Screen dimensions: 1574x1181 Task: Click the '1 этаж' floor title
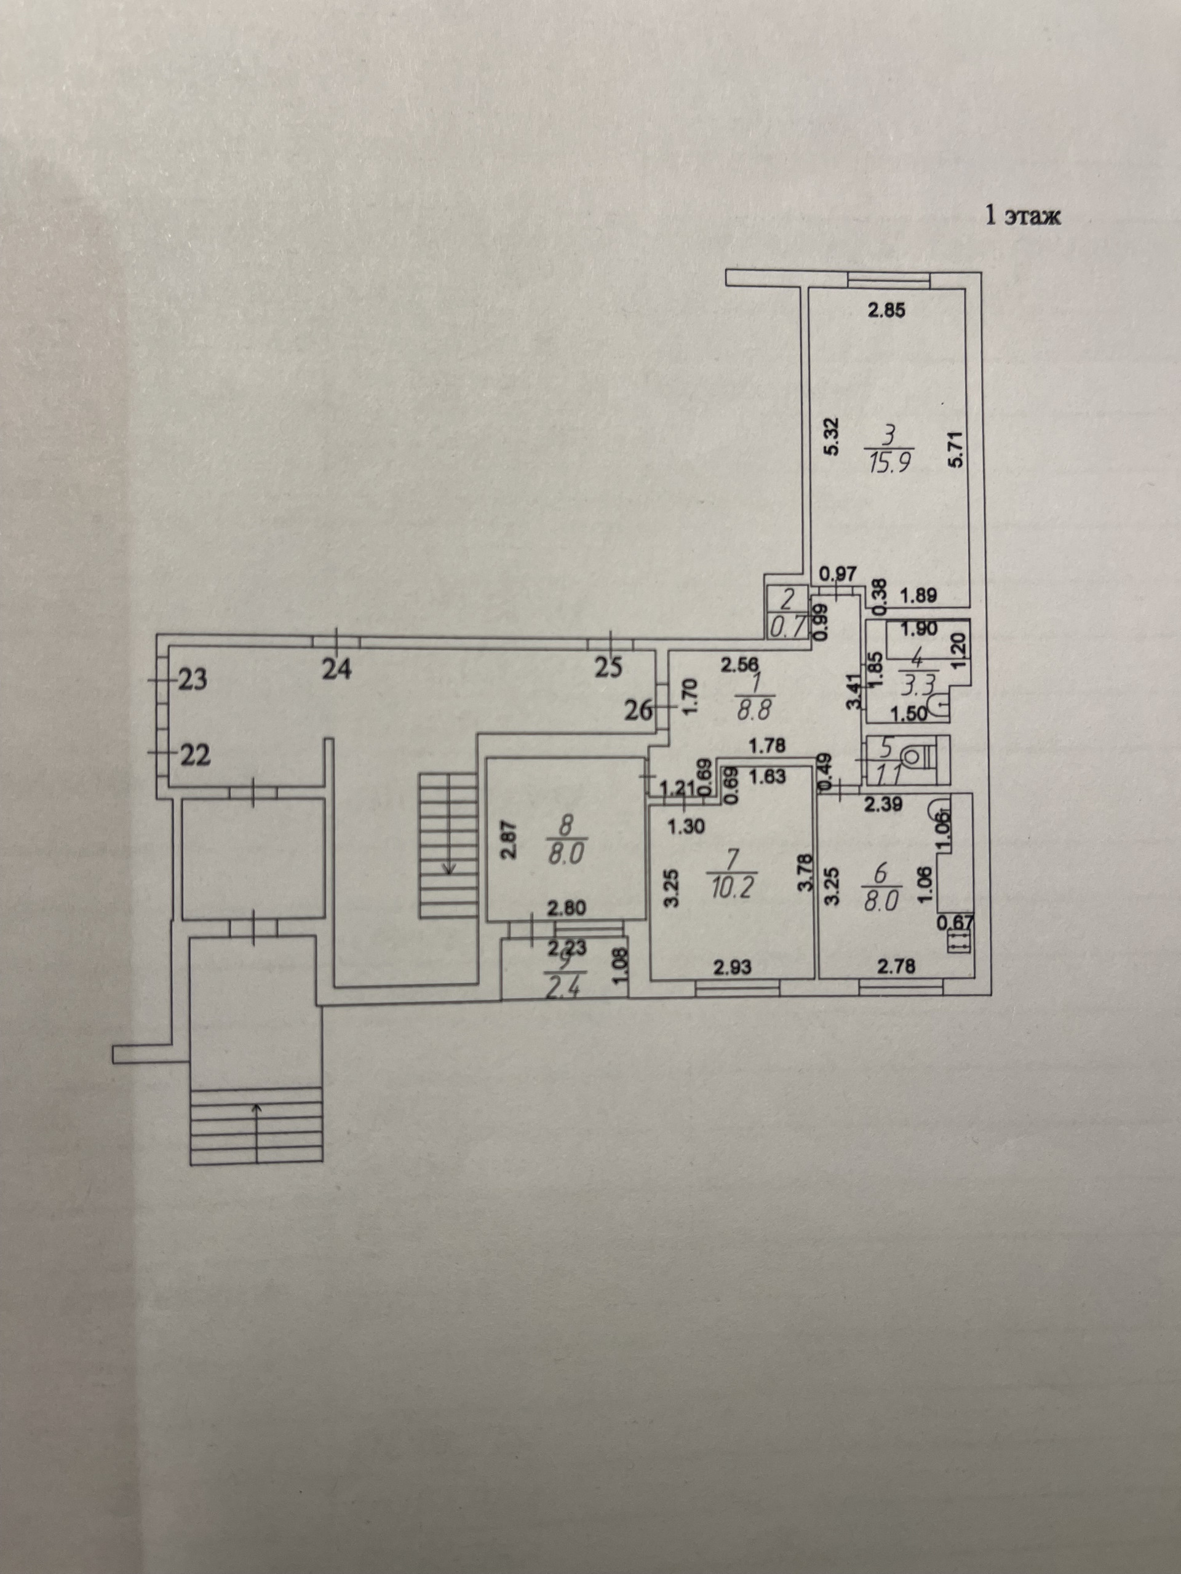[1022, 216]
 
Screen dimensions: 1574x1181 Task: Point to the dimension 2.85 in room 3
[886, 310]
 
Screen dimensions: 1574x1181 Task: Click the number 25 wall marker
[607, 669]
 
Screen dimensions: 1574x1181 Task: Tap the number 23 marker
[191, 680]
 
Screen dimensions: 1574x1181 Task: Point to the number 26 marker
[638, 710]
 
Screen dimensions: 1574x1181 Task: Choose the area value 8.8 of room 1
[752, 710]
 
